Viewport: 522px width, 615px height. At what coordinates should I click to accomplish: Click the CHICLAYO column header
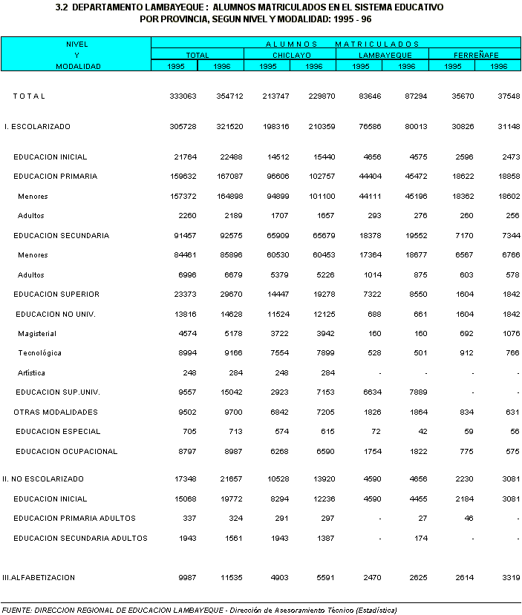pos(290,55)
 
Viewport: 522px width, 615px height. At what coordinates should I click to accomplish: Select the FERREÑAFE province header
pos(475,55)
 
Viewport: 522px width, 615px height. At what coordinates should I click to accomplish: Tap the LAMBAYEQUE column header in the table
pos(382,55)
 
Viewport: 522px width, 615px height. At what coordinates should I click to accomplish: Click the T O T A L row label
pos(29,96)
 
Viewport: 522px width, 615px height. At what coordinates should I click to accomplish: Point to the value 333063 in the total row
pos(183,96)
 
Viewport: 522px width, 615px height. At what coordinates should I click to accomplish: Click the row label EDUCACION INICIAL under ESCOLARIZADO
pos(50,157)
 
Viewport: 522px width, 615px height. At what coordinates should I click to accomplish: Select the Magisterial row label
pos(38,333)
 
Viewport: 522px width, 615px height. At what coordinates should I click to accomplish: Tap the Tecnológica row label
pos(40,353)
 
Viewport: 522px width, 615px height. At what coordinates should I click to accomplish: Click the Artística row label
pos(32,372)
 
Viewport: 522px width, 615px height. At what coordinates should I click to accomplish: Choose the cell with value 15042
pos(229,392)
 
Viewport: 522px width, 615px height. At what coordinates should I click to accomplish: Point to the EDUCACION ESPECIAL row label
pos(58,432)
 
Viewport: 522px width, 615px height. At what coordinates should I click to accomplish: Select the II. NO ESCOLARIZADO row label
pos(43,479)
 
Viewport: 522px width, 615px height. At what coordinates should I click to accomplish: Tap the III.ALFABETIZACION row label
pos(39,577)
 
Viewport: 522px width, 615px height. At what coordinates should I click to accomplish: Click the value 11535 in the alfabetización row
pos(229,577)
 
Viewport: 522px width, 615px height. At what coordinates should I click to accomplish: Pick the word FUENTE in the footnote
pos(16,610)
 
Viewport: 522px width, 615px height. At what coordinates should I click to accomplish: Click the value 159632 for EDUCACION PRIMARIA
pos(183,177)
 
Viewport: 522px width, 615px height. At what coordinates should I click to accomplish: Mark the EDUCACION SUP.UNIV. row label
pos(57,392)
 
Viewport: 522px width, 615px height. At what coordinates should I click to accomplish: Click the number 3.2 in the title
pos(62,7)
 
